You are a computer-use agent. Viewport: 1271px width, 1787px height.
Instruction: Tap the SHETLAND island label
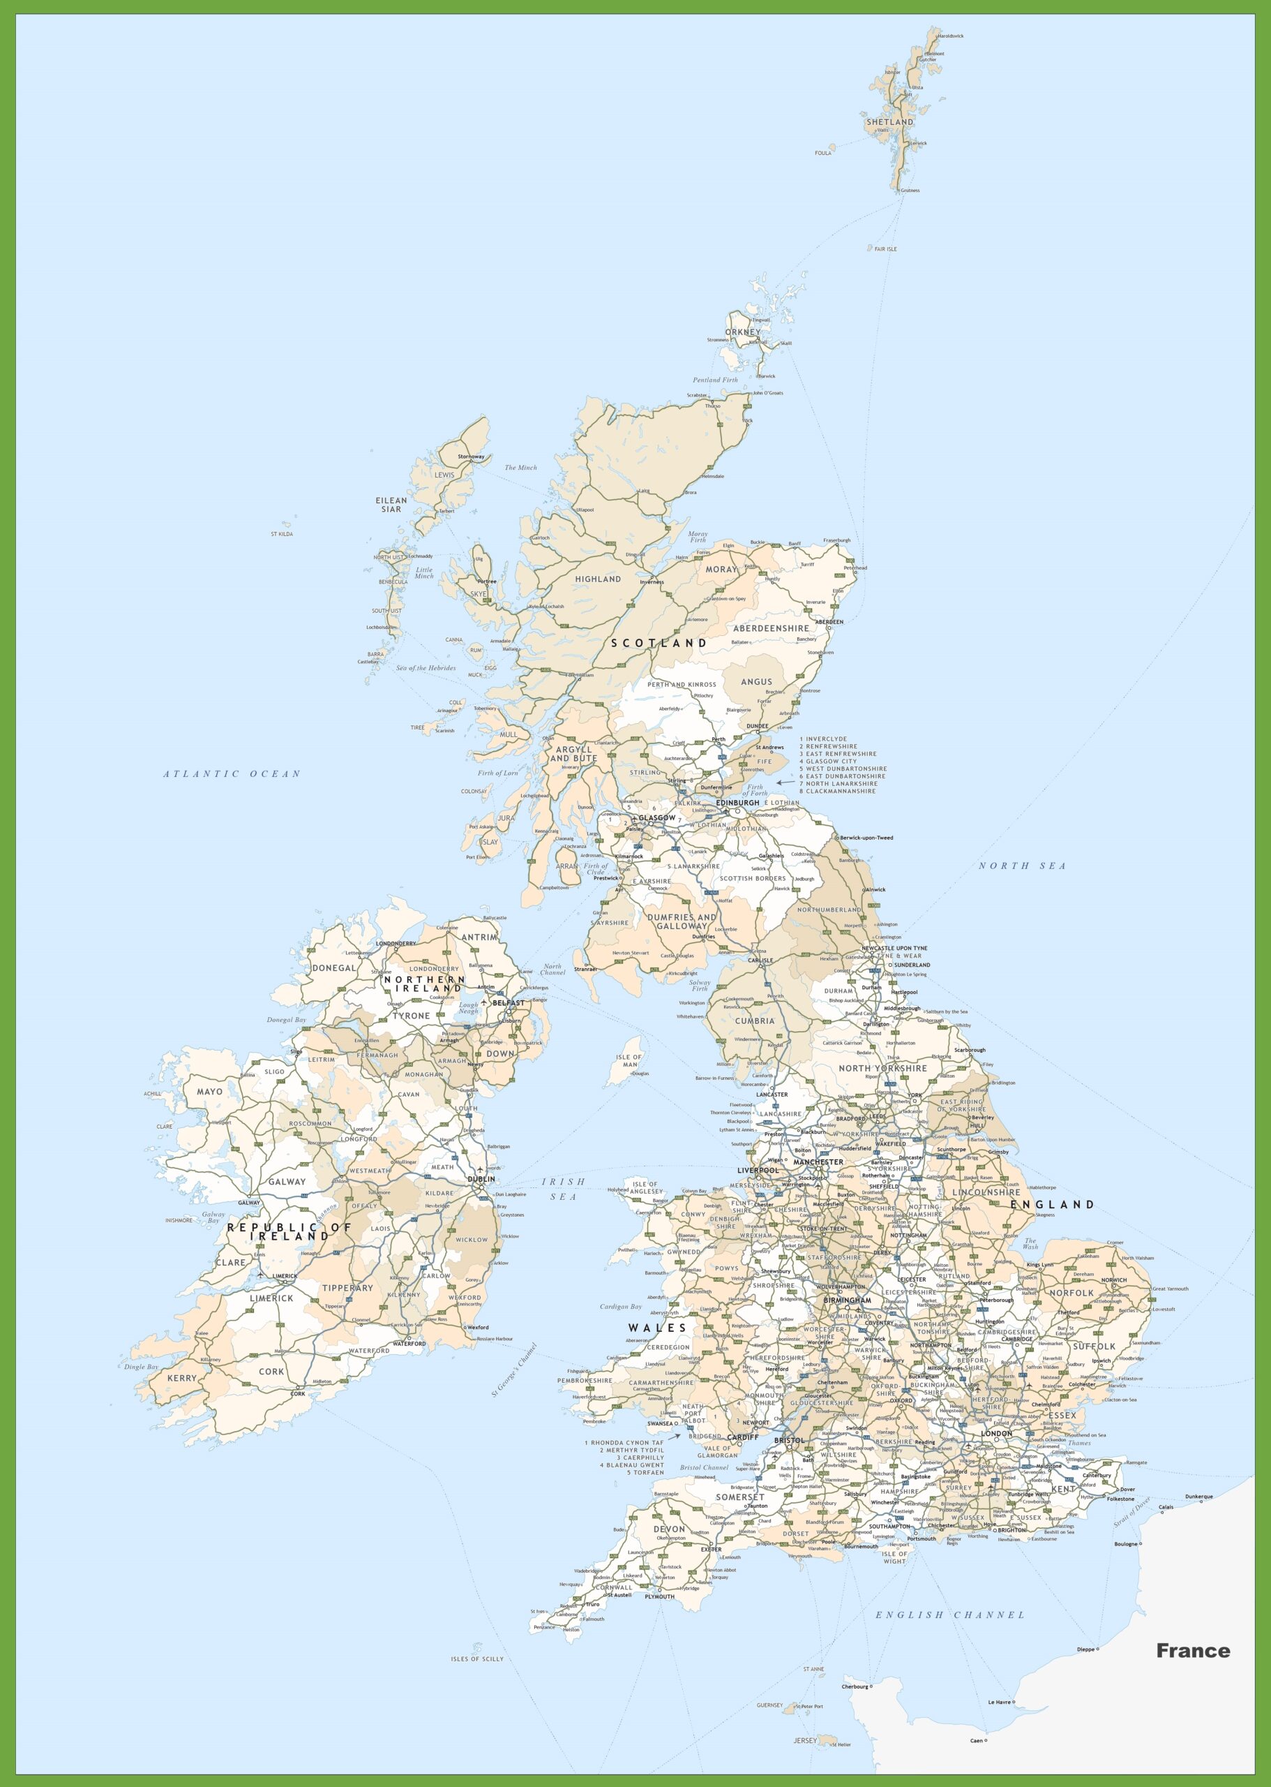(x=889, y=122)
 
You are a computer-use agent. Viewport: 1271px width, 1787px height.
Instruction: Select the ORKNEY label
(x=742, y=332)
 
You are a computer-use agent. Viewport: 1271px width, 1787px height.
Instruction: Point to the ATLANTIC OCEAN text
(x=232, y=773)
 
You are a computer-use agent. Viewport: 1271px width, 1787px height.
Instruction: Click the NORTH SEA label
(x=1022, y=866)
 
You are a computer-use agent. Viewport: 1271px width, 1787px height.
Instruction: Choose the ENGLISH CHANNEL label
(x=949, y=1615)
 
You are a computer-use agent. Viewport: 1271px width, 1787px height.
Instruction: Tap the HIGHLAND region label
(x=598, y=579)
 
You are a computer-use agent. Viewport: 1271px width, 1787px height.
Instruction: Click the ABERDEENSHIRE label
(x=771, y=628)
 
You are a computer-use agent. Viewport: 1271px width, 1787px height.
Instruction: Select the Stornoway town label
(x=471, y=457)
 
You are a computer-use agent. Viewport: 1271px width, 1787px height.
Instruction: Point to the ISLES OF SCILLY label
(x=476, y=1659)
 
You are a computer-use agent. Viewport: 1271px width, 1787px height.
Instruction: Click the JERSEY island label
(x=805, y=1740)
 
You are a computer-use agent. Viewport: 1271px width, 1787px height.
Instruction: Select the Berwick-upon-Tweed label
(x=866, y=838)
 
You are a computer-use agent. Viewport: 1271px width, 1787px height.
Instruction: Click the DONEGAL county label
(x=334, y=968)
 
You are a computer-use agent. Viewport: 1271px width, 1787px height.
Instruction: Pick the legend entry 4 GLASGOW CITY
(x=828, y=761)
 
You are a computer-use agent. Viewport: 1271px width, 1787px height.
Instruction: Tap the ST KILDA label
(x=282, y=534)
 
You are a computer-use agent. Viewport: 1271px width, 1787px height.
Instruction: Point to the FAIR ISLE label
(x=886, y=249)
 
